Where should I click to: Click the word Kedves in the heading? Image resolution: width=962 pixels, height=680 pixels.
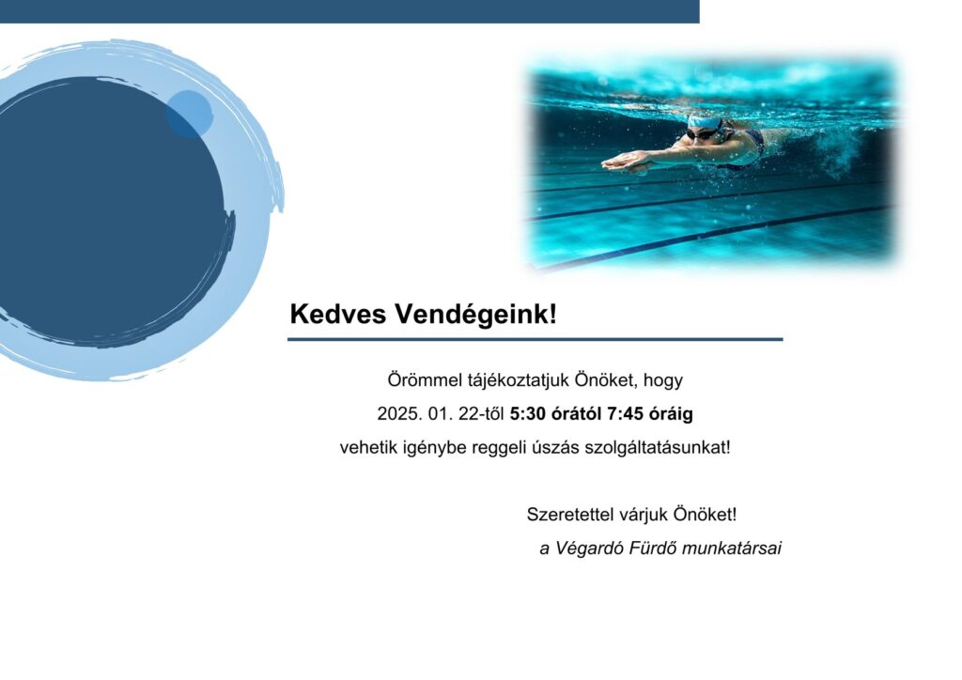(338, 314)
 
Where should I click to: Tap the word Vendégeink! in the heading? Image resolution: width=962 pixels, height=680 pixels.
(475, 314)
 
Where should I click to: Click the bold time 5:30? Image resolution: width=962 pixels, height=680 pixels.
(528, 414)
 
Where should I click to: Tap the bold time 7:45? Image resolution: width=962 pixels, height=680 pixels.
(625, 414)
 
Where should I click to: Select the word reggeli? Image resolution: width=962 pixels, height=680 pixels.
(494, 448)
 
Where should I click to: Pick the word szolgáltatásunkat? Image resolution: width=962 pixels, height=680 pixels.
(658, 448)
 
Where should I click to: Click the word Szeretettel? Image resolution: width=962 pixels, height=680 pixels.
(570, 515)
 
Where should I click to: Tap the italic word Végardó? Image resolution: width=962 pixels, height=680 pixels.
(590, 549)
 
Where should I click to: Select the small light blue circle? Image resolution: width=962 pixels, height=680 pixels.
(190, 114)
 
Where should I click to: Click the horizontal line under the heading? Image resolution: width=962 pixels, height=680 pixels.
(535, 339)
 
